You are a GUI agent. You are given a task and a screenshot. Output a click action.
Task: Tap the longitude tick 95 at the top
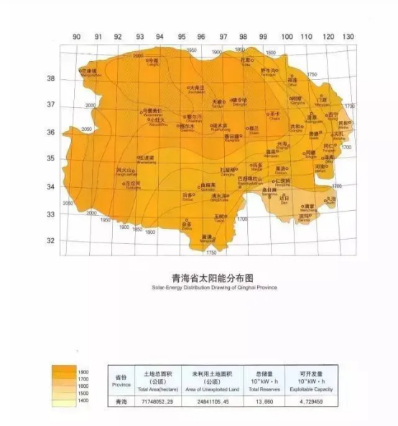pos(182,37)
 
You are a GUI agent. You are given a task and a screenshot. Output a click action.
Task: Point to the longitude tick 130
pos(348,37)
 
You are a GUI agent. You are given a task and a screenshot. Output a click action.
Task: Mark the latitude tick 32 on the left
pos(52,241)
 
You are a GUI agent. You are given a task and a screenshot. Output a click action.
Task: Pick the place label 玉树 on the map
pos(220,215)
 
